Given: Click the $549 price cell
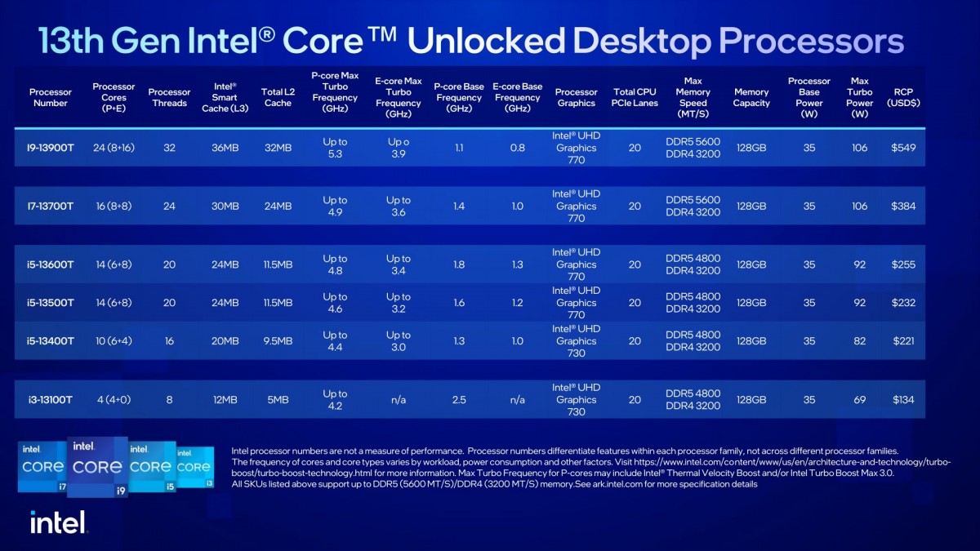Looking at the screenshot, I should pyautogui.click(x=903, y=148).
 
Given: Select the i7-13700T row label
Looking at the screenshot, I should pyautogui.click(x=51, y=207).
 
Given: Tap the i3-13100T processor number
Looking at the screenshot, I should pyautogui.click(x=51, y=400).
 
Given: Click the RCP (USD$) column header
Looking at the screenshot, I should pyautogui.click(x=903, y=98).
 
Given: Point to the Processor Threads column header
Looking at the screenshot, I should pyautogui.click(x=169, y=98).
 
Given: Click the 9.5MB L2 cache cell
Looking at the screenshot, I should pyautogui.click(x=278, y=341).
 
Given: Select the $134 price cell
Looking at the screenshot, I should pyautogui.click(x=903, y=400).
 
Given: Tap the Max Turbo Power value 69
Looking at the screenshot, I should pyautogui.click(x=859, y=400).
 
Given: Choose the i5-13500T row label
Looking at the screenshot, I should pyautogui.click(x=51, y=303).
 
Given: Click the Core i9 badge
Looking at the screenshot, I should pyautogui.click(x=97, y=466).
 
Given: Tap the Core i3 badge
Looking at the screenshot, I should pyautogui.click(x=194, y=467).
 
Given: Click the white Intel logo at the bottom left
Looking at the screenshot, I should pyautogui.click(x=58, y=522).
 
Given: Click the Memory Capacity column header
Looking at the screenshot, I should pyautogui.click(x=751, y=98).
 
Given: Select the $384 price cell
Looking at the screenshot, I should pyautogui.click(x=903, y=207).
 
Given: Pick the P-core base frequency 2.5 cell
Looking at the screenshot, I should pyautogui.click(x=458, y=400).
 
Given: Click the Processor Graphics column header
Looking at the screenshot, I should pyautogui.click(x=576, y=98).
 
